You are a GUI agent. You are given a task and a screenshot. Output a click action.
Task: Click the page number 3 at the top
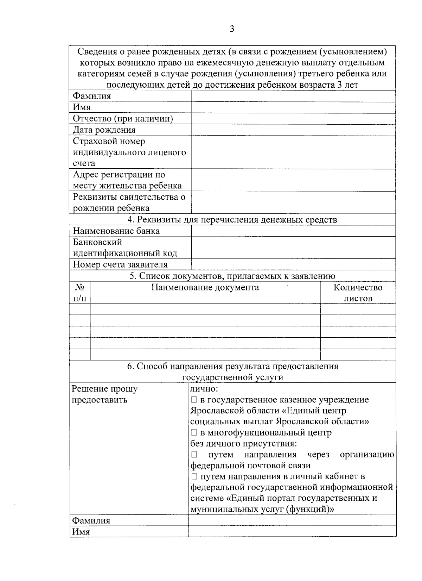(232, 29)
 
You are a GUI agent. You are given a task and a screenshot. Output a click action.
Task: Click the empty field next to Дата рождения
(293, 130)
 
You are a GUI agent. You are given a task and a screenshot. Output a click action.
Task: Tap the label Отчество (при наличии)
(123, 119)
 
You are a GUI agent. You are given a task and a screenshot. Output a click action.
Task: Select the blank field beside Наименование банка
(293, 231)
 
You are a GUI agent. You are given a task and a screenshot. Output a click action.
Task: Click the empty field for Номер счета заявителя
(293, 264)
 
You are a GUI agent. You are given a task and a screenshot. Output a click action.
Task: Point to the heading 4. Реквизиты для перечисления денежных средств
(232, 220)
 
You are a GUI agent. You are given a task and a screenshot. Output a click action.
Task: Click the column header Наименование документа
(205, 287)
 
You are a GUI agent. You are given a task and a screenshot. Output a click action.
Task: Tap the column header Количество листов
(358, 293)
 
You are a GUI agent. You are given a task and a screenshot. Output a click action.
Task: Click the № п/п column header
(79, 293)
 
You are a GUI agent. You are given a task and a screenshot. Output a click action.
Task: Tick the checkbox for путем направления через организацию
(194, 455)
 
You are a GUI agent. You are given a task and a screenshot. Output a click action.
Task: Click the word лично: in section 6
(204, 389)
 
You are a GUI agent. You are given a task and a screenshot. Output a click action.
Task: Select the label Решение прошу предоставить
(104, 394)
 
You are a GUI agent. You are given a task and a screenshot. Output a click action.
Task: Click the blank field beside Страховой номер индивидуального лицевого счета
(293, 152)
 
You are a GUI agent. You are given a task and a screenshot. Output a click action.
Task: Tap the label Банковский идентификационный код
(125, 248)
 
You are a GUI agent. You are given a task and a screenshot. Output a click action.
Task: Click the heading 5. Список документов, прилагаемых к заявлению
(232, 276)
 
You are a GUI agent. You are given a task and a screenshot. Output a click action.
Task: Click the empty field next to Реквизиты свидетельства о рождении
(293, 202)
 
